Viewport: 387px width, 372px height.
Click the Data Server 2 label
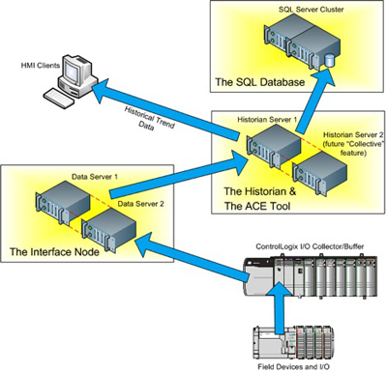[144, 205]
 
